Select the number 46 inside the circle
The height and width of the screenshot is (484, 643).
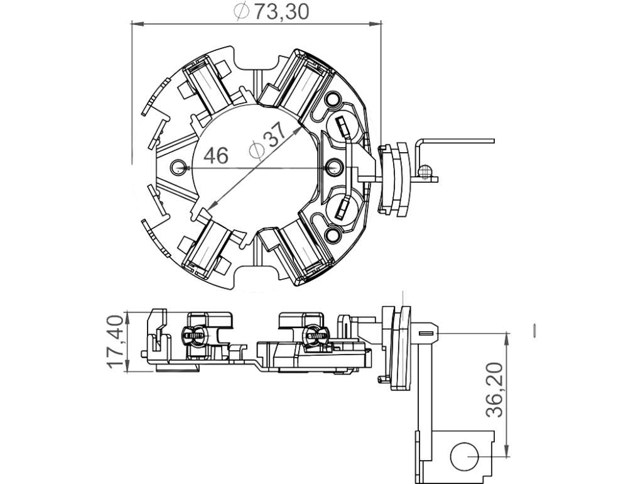216,156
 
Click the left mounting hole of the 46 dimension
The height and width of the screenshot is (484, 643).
179,167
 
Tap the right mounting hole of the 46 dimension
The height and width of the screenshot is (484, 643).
334,167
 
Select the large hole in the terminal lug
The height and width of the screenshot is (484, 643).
464,456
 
